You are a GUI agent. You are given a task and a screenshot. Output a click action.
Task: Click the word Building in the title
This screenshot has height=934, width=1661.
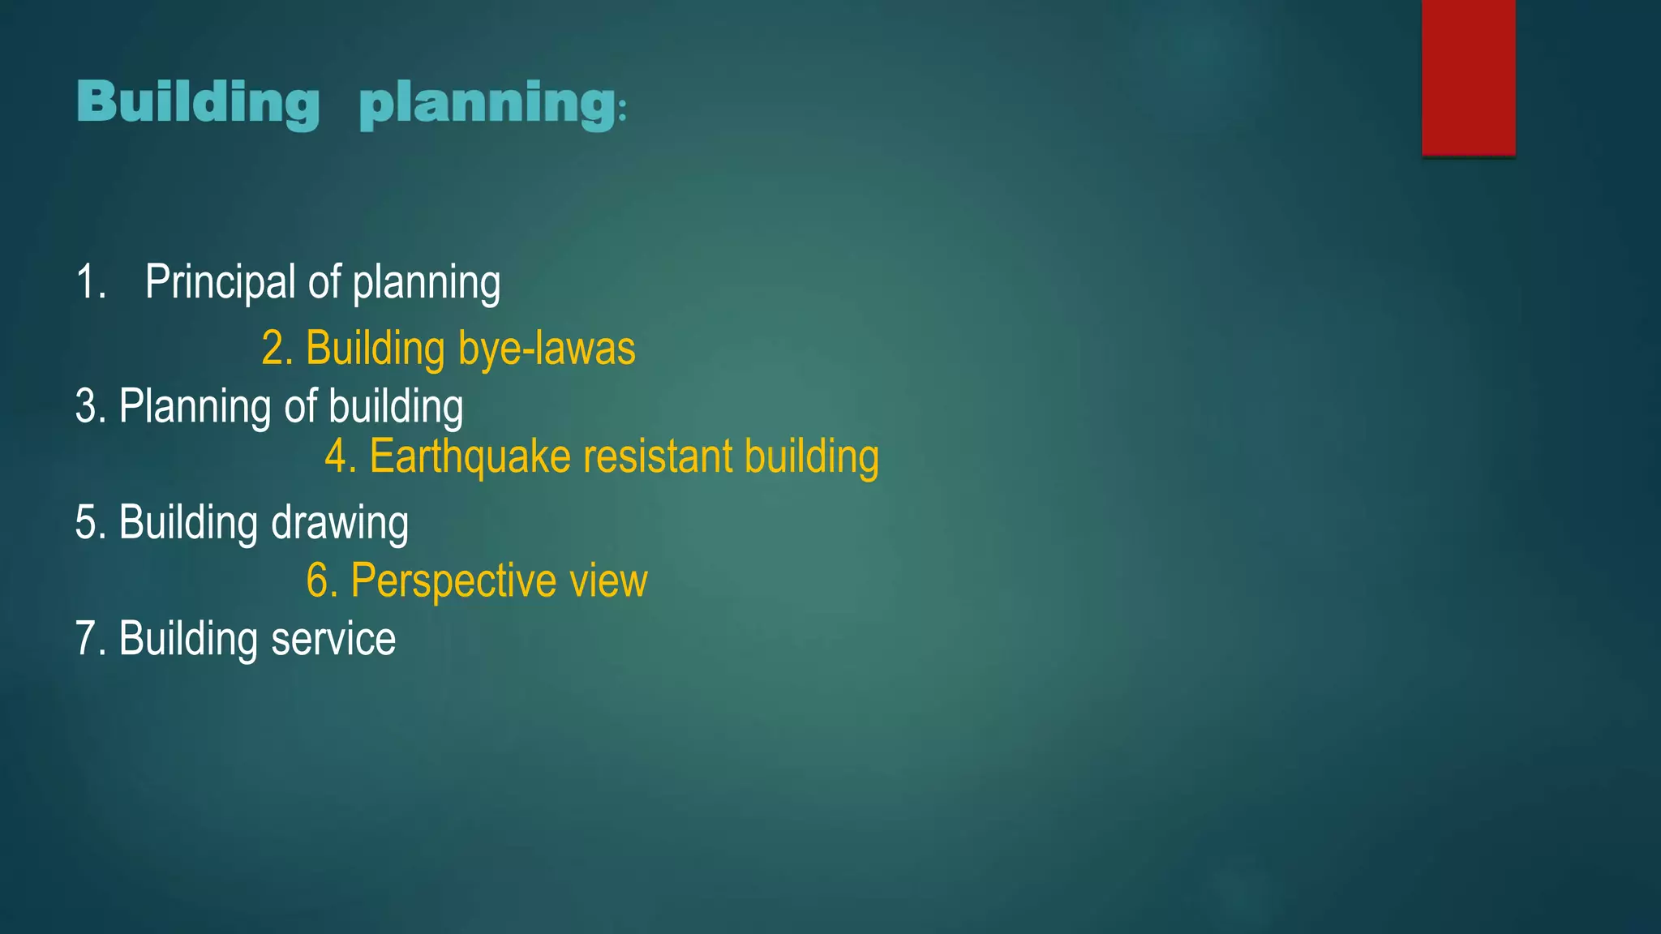199,104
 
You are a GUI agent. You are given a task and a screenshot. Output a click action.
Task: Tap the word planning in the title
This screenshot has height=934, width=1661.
487,105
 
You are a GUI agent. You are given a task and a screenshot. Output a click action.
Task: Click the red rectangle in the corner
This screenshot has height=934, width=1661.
1468,78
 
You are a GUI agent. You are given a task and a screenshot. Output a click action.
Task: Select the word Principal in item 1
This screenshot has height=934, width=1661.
221,283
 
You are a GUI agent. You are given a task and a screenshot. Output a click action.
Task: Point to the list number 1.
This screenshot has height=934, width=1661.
90,283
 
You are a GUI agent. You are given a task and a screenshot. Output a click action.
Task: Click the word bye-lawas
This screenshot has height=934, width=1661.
547,349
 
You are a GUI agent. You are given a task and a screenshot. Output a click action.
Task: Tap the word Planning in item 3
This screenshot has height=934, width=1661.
195,406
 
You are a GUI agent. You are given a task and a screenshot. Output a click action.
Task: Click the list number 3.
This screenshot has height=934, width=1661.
90,406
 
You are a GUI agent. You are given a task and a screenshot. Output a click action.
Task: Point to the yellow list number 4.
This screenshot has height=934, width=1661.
340,456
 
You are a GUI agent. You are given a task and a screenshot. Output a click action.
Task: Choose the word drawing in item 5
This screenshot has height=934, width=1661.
340,523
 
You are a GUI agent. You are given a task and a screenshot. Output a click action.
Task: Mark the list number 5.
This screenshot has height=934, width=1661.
90,523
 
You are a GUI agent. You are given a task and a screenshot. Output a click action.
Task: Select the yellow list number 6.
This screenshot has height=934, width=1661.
321,581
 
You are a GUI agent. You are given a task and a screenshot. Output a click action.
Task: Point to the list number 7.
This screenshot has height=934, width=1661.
90,639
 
